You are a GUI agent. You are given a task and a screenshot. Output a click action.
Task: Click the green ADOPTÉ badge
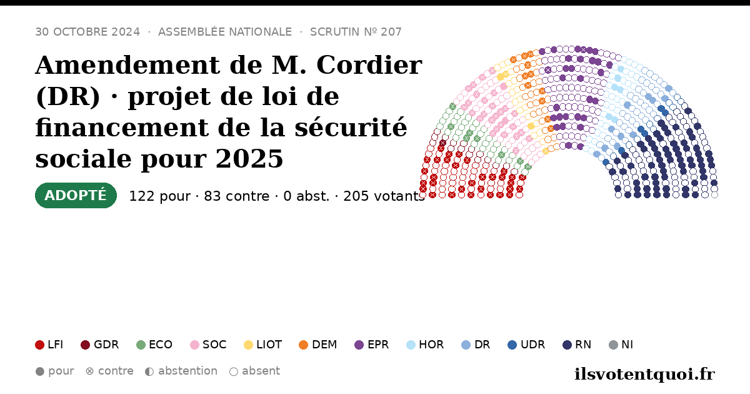point(76,195)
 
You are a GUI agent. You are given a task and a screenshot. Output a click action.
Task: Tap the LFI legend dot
point(39,345)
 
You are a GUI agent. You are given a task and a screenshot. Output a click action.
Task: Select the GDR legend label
point(106,345)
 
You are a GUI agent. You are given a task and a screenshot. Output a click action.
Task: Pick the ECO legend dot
point(141,345)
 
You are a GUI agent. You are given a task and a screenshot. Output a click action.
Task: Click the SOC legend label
point(214,345)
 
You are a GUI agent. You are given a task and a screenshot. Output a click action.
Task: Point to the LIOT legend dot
point(249,345)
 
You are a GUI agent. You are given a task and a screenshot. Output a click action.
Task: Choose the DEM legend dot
point(303,345)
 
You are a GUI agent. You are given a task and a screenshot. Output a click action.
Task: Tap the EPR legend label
point(378,345)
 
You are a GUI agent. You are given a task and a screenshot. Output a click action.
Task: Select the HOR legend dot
point(411,345)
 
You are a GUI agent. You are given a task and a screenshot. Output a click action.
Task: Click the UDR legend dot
point(512,345)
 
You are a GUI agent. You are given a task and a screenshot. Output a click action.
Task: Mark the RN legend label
point(583,345)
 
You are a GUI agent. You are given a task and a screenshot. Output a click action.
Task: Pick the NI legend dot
point(613,345)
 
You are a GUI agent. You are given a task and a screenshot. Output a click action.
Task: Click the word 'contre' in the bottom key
point(116,371)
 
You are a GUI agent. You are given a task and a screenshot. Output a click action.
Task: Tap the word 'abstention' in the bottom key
point(188,371)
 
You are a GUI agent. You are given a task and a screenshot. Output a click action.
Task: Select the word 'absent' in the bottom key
point(261,371)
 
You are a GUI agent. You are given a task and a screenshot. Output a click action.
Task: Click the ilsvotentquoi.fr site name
point(644,375)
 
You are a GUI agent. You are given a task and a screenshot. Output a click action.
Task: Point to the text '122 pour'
point(159,196)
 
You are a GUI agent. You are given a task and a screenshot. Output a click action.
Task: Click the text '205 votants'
point(384,196)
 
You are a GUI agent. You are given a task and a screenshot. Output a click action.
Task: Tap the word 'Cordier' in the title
point(369,65)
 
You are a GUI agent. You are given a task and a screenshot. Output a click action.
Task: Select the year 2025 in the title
point(249,158)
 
